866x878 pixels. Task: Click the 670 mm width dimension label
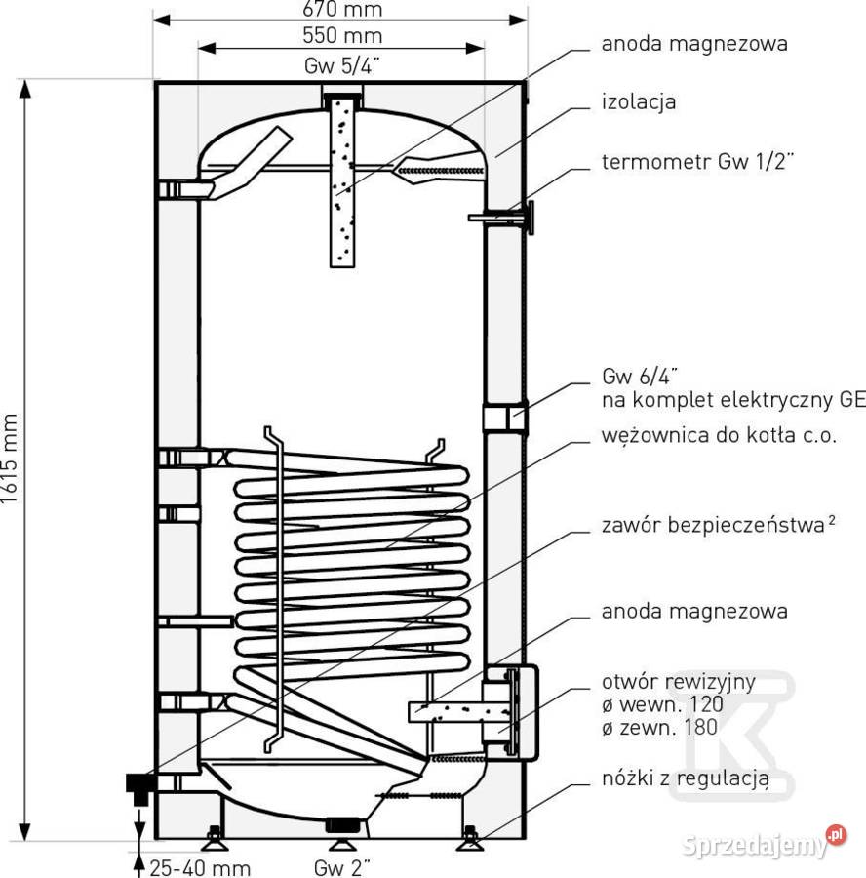[x=342, y=9]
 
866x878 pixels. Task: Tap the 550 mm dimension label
[x=342, y=36]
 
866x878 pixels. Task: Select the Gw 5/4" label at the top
[x=342, y=66]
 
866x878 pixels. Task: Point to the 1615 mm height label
[x=10, y=459]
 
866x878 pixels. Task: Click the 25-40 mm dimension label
[x=200, y=868]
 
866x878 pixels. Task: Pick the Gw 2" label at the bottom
[x=342, y=868]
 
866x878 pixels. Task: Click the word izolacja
[x=639, y=101]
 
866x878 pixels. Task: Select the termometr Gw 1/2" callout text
[x=698, y=162]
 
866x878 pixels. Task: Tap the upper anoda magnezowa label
[x=694, y=44]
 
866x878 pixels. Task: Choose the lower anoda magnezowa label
[x=694, y=611]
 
